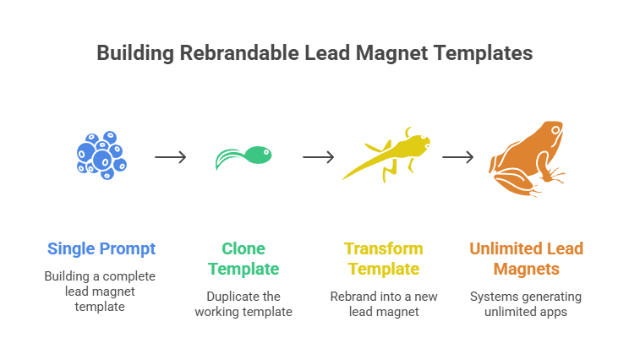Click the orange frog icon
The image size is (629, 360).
(528, 158)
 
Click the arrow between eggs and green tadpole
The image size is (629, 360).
(171, 157)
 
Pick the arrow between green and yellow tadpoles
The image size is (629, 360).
(319, 157)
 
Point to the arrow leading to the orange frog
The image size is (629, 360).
(457, 157)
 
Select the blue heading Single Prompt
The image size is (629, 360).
(101, 248)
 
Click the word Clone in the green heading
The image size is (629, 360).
(243, 248)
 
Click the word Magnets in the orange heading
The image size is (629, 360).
(527, 270)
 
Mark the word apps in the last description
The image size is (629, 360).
(554, 312)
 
